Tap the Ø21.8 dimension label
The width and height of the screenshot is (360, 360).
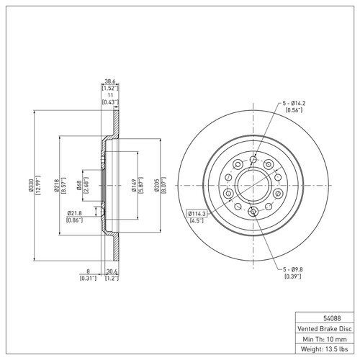click(x=75, y=213)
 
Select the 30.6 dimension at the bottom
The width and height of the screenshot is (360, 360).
click(x=111, y=271)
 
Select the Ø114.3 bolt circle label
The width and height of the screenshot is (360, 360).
click(x=197, y=214)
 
